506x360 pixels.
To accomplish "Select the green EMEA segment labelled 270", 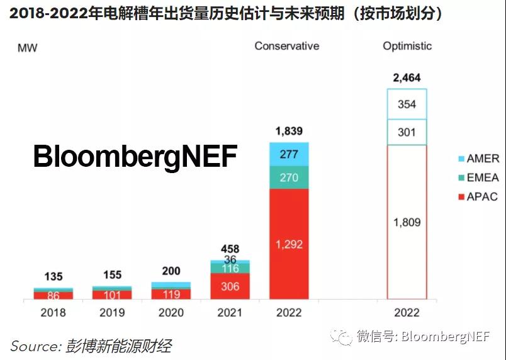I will [x=289, y=177].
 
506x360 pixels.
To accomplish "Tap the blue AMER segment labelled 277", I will [x=289, y=154].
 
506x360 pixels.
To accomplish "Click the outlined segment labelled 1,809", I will [x=407, y=222].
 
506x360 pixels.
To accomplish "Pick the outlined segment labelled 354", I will [x=407, y=104].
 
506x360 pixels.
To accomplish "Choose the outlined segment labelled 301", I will [x=407, y=132].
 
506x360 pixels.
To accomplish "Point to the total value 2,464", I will [x=407, y=78].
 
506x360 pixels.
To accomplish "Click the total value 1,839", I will [x=289, y=132].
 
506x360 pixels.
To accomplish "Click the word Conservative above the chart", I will [x=286, y=46].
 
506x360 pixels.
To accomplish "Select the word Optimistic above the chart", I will [x=407, y=46].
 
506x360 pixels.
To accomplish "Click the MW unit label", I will [x=27, y=48].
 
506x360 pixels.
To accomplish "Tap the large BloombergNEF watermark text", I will [x=135, y=156].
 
